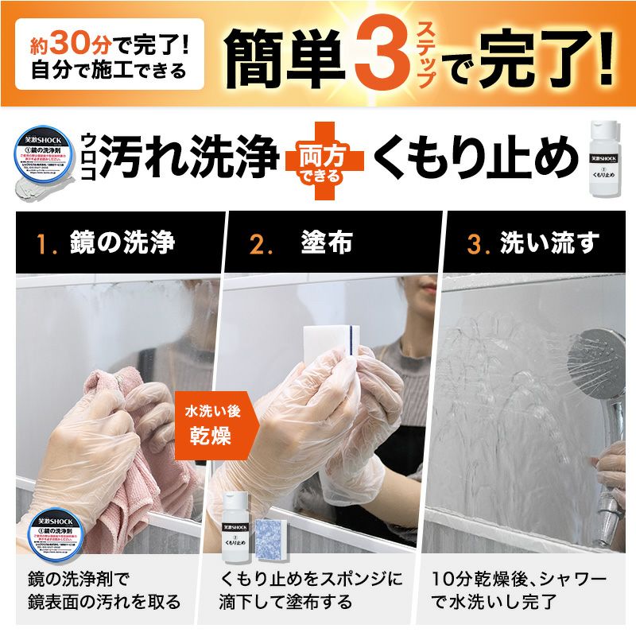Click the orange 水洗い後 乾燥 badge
click(x=210, y=425)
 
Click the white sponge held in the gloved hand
click(x=332, y=353)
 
